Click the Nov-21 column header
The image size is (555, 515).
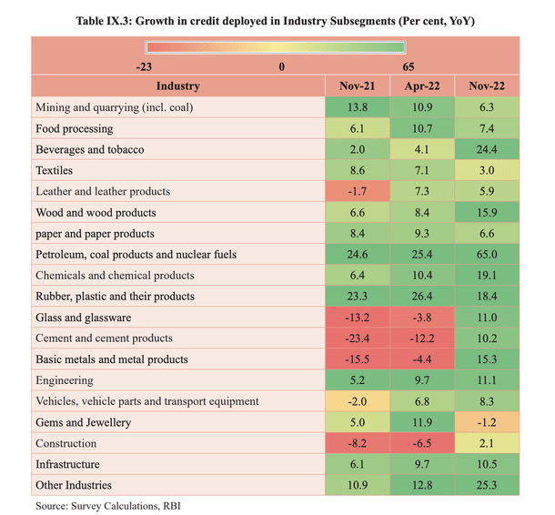(357, 86)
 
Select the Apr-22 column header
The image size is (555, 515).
(420, 86)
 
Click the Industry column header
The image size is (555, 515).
(177, 86)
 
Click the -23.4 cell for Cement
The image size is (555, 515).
(357, 338)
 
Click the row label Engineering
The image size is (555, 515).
(65, 380)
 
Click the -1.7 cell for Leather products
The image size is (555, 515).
(357, 192)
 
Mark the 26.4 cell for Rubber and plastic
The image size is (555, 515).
(420, 297)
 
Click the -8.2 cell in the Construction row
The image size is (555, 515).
(357, 443)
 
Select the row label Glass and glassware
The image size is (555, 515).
(84, 318)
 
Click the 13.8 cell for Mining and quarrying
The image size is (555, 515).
(357, 107)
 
